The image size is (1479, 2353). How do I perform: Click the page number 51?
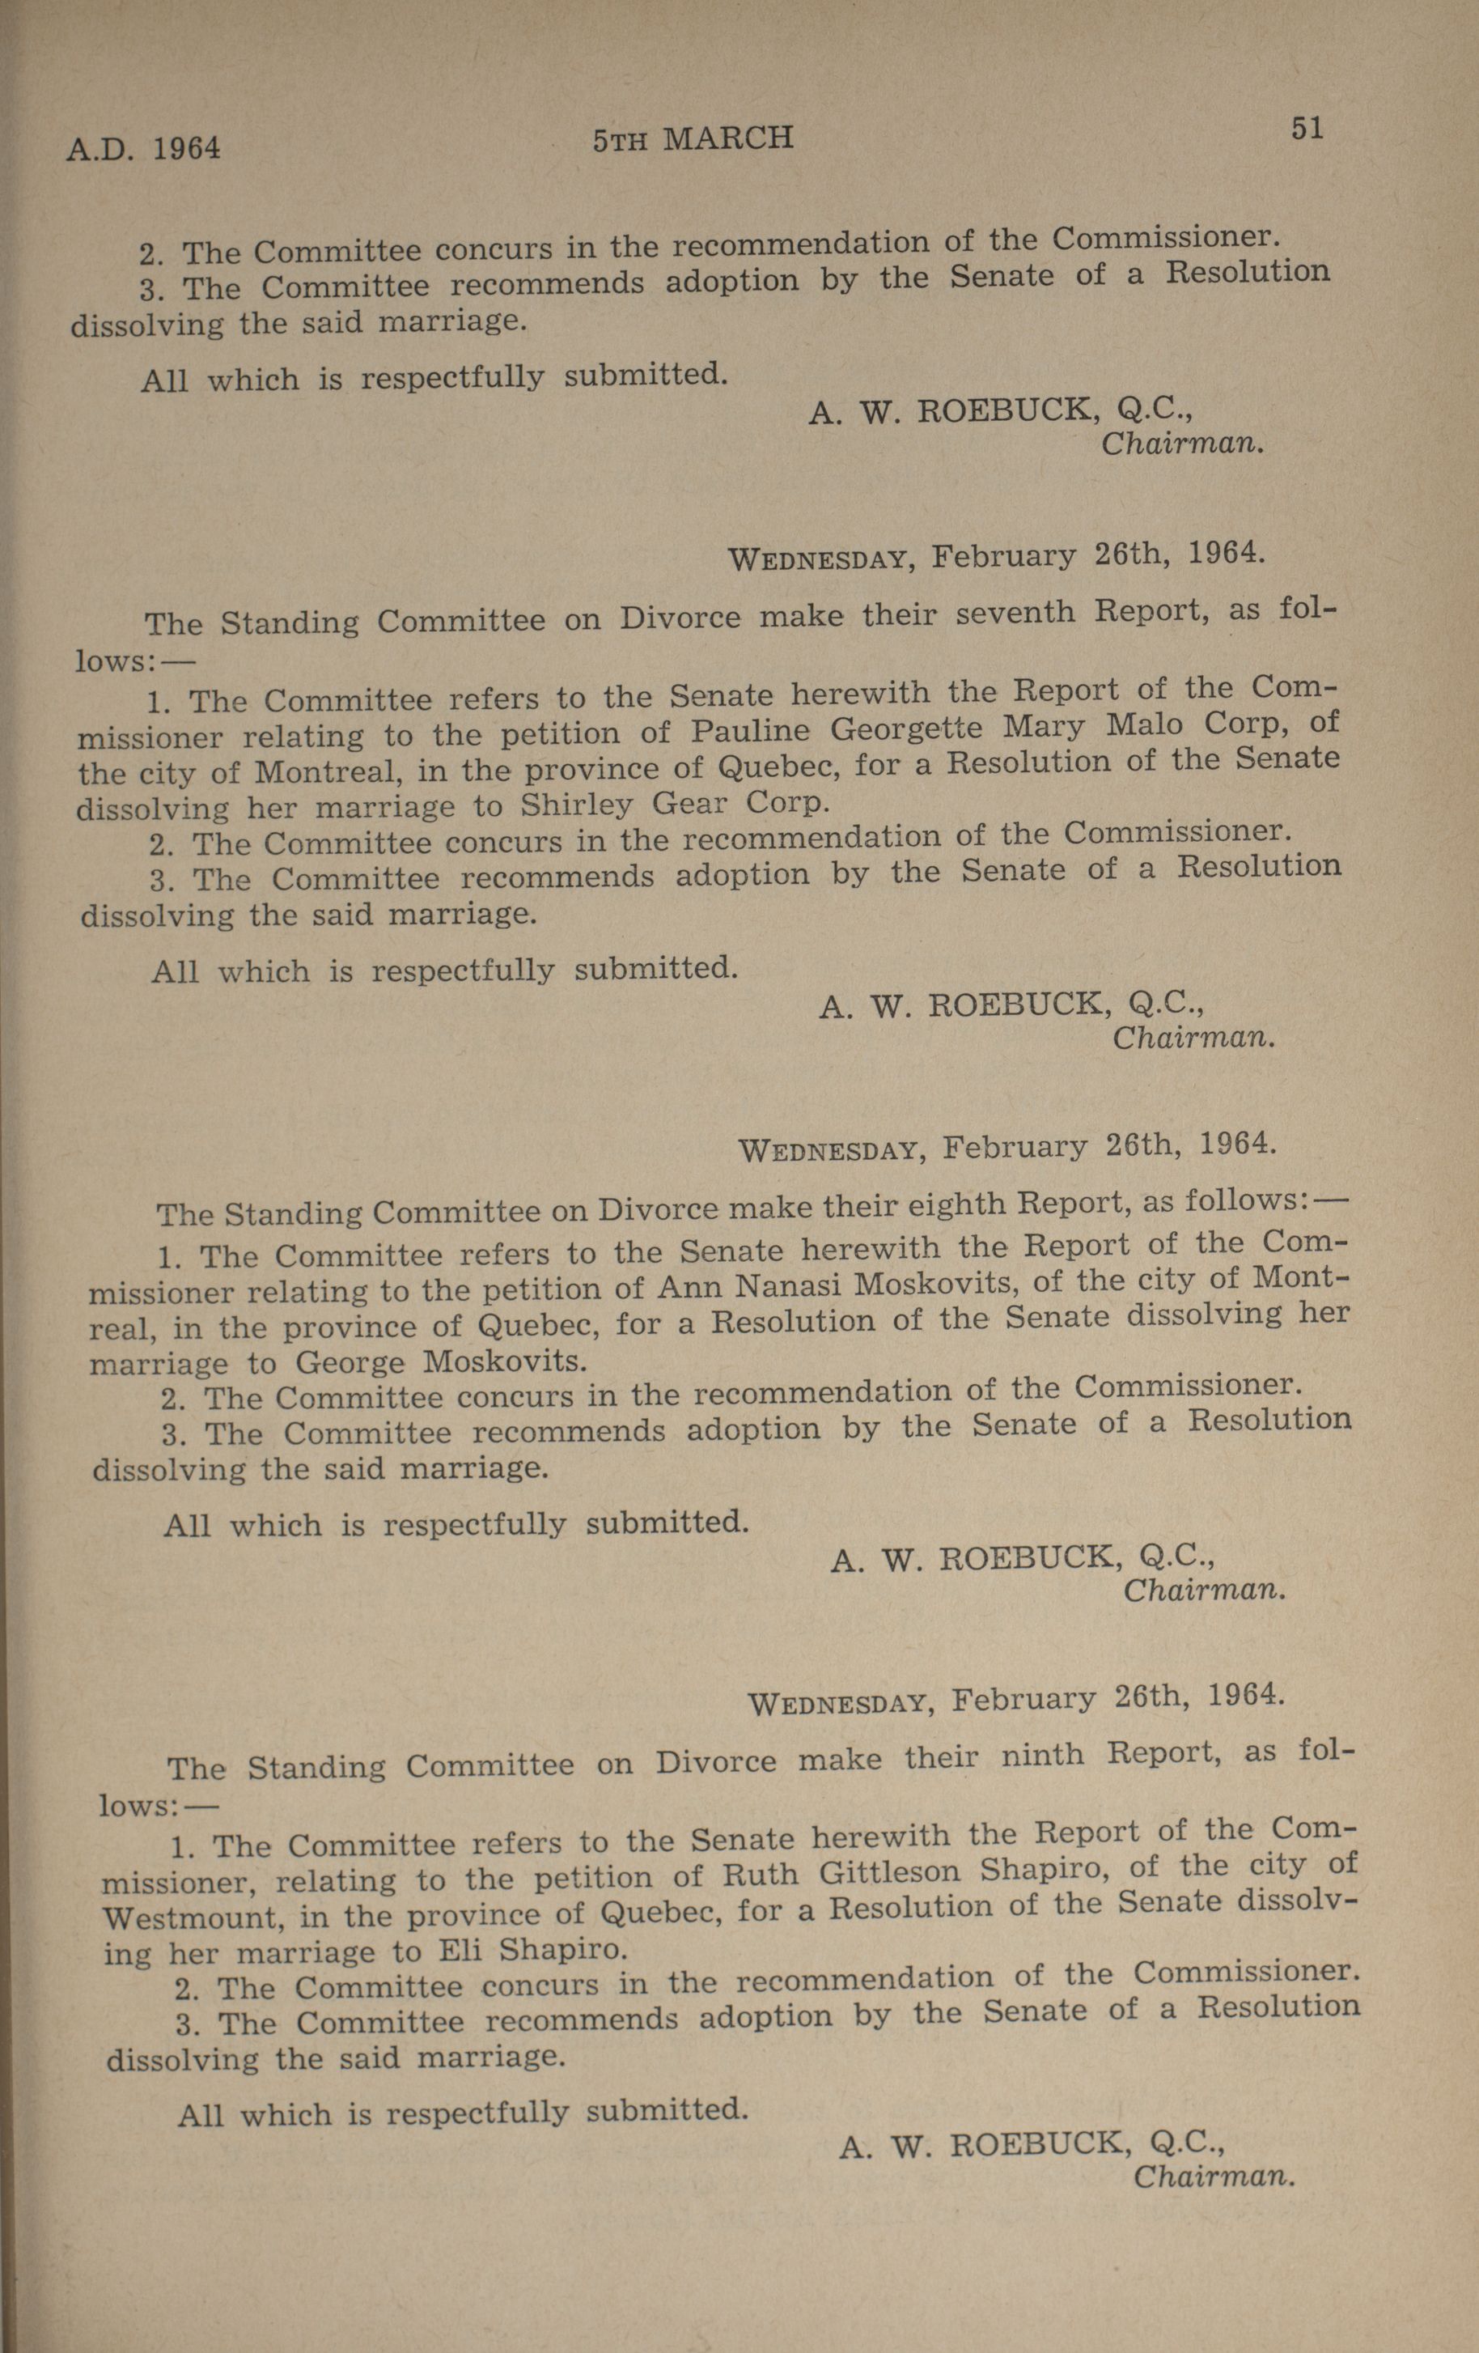1306,128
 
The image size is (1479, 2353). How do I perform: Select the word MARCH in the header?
728,138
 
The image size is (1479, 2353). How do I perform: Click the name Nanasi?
787,1285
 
